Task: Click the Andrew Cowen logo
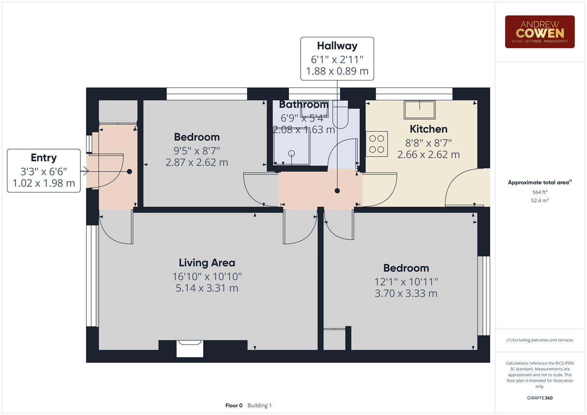click(x=539, y=32)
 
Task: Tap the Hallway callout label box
click(x=337, y=59)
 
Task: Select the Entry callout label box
click(x=44, y=171)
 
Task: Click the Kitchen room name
click(x=428, y=129)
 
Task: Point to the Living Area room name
click(x=207, y=263)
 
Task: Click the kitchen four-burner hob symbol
click(x=377, y=144)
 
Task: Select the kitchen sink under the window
click(x=419, y=110)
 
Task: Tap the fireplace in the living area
click(x=190, y=349)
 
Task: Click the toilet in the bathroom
click(x=340, y=115)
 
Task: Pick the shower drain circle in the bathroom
click(x=291, y=154)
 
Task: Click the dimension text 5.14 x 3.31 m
click(x=207, y=288)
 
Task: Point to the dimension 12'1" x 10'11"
click(x=406, y=282)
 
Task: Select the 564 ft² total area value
click(x=539, y=192)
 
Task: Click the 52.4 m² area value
click(x=539, y=201)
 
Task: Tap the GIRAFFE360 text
click(x=539, y=398)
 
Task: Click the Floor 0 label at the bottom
click(x=234, y=405)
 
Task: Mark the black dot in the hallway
click(x=337, y=191)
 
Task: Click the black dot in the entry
click(x=130, y=172)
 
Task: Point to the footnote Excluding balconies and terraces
click(x=539, y=340)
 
